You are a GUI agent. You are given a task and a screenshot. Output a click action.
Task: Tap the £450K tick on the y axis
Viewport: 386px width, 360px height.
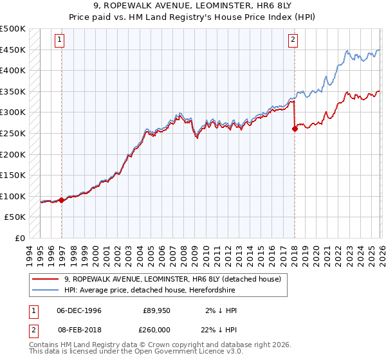[13, 50]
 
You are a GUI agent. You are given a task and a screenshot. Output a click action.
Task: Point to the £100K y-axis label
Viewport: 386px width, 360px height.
[13, 196]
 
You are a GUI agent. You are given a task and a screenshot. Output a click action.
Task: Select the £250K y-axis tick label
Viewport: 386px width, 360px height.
[13, 133]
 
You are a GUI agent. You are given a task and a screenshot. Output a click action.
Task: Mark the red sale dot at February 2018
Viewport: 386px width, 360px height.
[295, 129]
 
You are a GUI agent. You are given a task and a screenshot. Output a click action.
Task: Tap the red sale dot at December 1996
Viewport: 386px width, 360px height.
[62, 200]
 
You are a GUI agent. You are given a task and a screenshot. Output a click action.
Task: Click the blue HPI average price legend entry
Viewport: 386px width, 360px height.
[167, 290]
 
